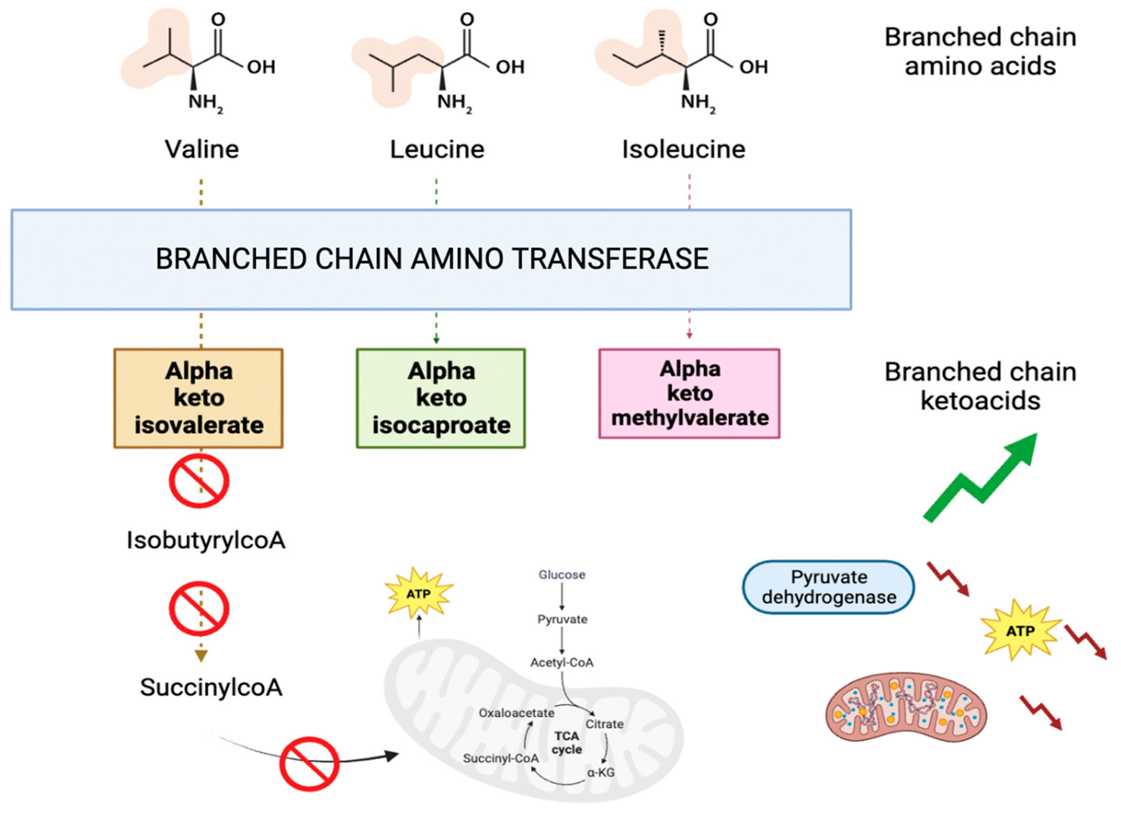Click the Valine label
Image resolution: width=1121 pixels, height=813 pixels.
pyautogui.click(x=202, y=149)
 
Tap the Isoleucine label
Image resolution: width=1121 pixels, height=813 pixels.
pyautogui.click(x=684, y=149)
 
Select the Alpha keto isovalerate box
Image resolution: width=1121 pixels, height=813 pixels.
pyautogui.click(x=199, y=399)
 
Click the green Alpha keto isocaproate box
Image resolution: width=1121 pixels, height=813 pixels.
pyautogui.click(x=441, y=399)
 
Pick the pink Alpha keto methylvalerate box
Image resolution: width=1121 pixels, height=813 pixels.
pyautogui.click(x=690, y=394)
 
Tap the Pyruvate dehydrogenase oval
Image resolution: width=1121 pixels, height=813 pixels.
pyautogui.click(x=829, y=587)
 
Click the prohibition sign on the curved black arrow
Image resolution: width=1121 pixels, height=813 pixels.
pyautogui.click(x=310, y=764)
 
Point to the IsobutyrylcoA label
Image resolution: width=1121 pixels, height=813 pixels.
pyautogui.click(x=206, y=540)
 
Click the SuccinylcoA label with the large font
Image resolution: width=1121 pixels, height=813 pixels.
pyautogui.click(x=211, y=687)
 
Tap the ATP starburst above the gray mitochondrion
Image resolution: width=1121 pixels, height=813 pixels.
pyautogui.click(x=419, y=593)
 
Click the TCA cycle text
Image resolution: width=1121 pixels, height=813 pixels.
pyautogui.click(x=566, y=743)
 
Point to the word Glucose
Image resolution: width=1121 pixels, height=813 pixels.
pyautogui.click(x=562, y=575)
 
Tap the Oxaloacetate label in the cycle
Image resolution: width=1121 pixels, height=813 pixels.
pyautogui.click(x=516, y=713)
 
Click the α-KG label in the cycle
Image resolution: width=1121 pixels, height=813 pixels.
pyautogui.click(x=601, y=772)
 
